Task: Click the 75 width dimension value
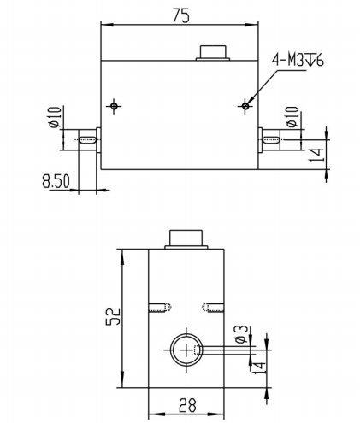click(x=180, y=16)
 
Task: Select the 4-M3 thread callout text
click(x=298, y=61)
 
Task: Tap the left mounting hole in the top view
click(x=114, y=106)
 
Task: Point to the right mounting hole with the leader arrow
click(x=245, y=106)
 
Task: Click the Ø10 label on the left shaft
click(x=55, y=117)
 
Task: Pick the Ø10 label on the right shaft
click(x=292, y=117)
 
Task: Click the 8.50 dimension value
click(x=56, y=181)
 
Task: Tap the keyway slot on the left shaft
click(x=87, y=140)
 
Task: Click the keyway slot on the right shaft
click(x=270, y=140)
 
